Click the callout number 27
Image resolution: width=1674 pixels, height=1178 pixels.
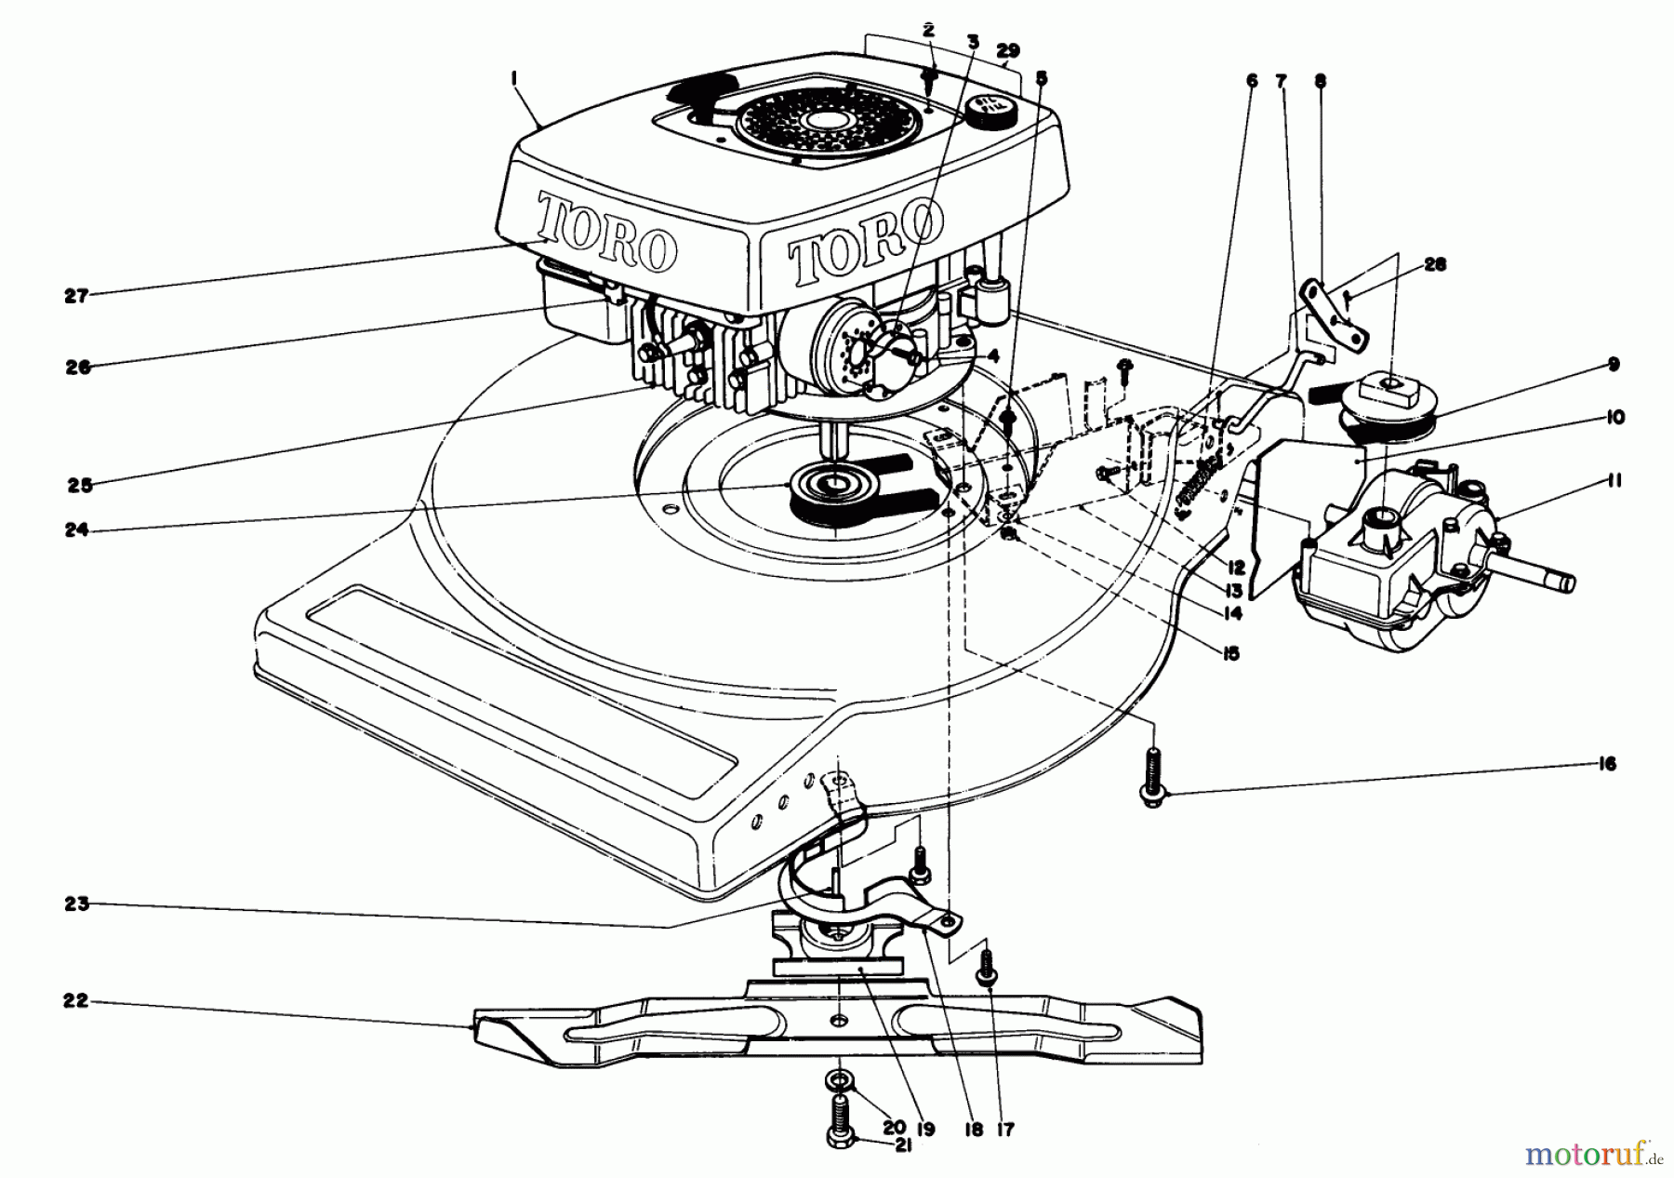pyautogui.click(x=75, y=296)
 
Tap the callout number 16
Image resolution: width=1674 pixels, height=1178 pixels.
pyautogui.click(x=1608, y=765)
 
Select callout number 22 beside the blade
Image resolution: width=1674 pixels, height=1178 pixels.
pyautogui.click(x=76, y=1001)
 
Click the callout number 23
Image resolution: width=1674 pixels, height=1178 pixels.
pyautogui.click(x=76, y=903)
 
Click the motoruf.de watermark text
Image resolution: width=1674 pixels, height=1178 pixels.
pyautogui.click(x=1591, y=1155)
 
